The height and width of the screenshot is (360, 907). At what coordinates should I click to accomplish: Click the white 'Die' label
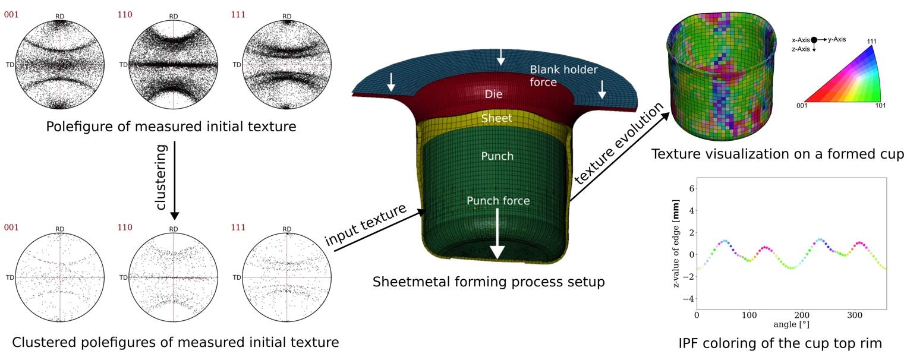click(x=494, y=94)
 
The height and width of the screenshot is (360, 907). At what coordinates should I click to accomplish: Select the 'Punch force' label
click(x=498, y=200)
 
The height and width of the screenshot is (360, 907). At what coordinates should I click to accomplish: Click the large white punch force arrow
click(x=497, y=235)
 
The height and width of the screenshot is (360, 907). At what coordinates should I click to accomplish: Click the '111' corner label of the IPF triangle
click(x=872, y=41)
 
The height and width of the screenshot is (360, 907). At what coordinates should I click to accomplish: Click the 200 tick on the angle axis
click(x=802, y=315)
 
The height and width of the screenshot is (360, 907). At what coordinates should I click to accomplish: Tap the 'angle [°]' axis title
click(x=791, y=325)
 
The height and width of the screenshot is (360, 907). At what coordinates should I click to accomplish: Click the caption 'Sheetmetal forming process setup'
click(x=489, y=282)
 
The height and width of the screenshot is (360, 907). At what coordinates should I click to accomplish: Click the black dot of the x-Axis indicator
click(x=814, y=39)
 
